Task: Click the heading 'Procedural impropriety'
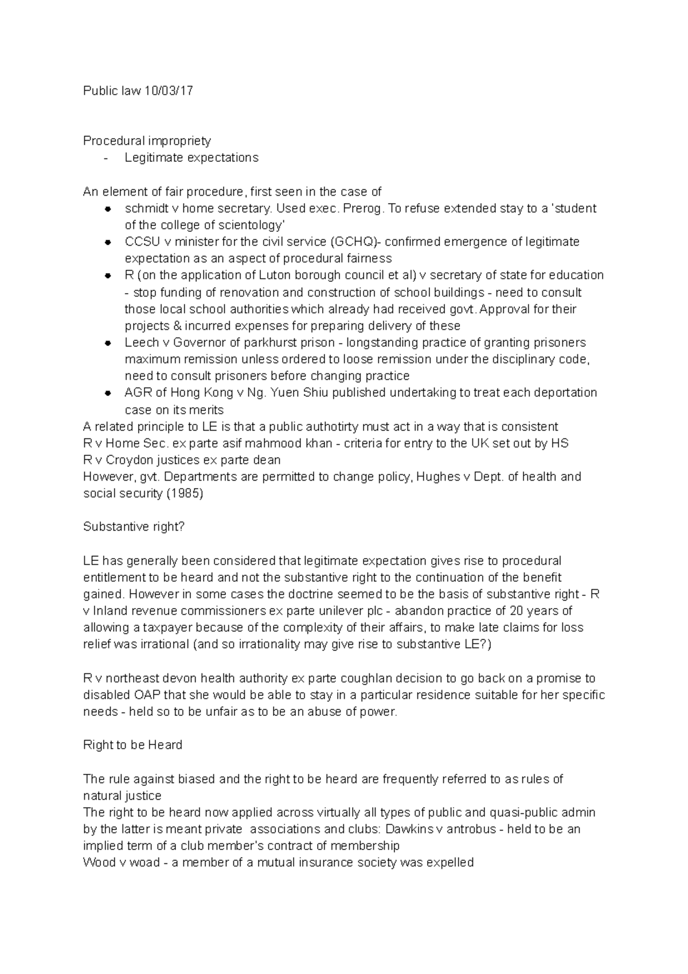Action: click(147, 141)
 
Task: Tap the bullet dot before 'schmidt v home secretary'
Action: click(107, 209)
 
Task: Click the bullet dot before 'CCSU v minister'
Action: click(107, 242)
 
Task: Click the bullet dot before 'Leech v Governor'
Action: click(107, 343)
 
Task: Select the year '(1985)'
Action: click(184, 493)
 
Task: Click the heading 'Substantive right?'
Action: click(134, 527)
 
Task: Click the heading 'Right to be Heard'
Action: click(132, 745)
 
